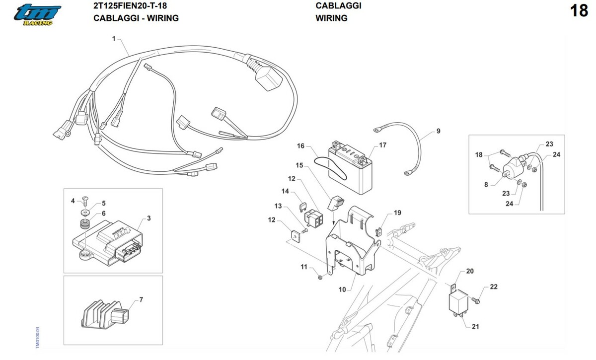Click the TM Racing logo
[37, 15]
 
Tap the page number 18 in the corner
[579, 11]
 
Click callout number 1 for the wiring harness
[114, 39]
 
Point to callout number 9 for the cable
[438, 131]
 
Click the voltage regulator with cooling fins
[105, 314]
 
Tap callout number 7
[141, 300]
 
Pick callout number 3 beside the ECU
[149, 218]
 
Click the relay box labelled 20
[458, 302]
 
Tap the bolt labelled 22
[475, 300]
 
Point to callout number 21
[475, 326]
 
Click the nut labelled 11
[320, 278]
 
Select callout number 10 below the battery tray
[342, 289]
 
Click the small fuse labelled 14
[303, 207]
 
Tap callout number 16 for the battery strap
[300, 146]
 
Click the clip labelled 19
[379, 232]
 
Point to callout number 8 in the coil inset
[486, 185]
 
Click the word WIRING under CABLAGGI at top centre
[332, 18]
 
